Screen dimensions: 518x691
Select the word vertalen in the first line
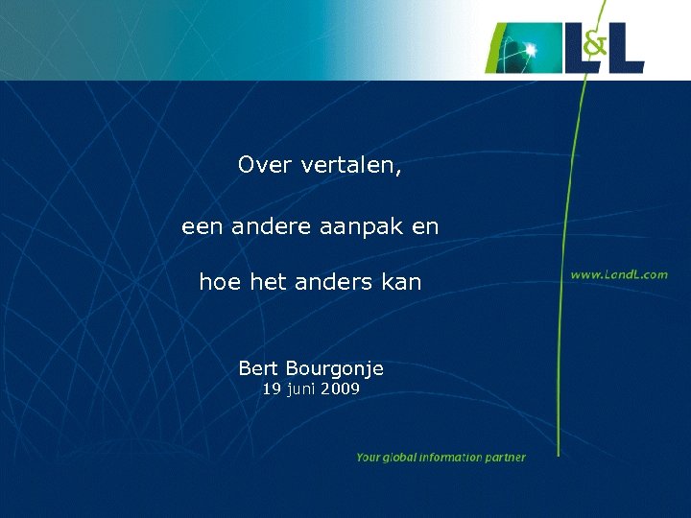pos(350,166)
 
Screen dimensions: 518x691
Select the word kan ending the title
pos(401,282)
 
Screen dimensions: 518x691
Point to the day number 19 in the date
pos(272,388)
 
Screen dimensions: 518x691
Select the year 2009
pos(341,388)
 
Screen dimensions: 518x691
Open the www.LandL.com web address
pos(619,274)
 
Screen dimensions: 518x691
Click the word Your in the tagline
pos(369,458)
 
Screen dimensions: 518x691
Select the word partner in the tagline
pos(506,458)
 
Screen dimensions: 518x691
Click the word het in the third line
pos(268,282)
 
